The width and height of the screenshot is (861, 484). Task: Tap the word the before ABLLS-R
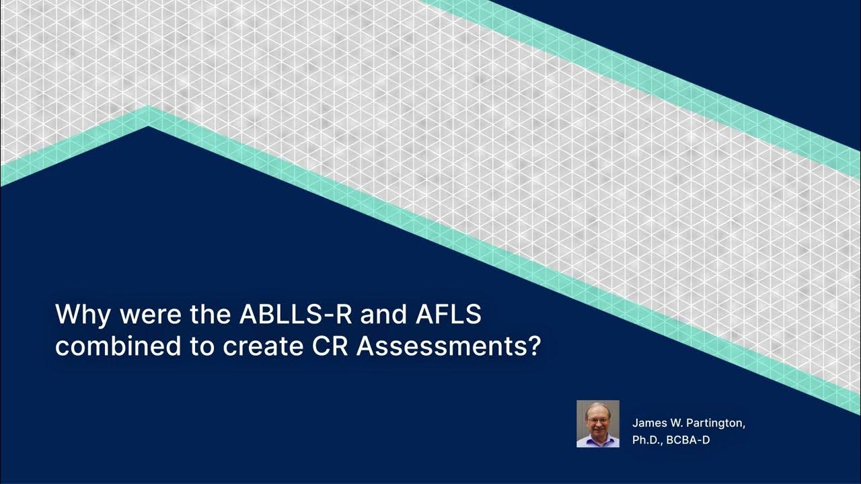point(209,315)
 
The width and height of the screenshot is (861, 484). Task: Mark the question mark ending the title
point(535,346)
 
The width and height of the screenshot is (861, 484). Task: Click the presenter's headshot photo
point(597,424)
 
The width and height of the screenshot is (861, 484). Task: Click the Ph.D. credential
point(647,441)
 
